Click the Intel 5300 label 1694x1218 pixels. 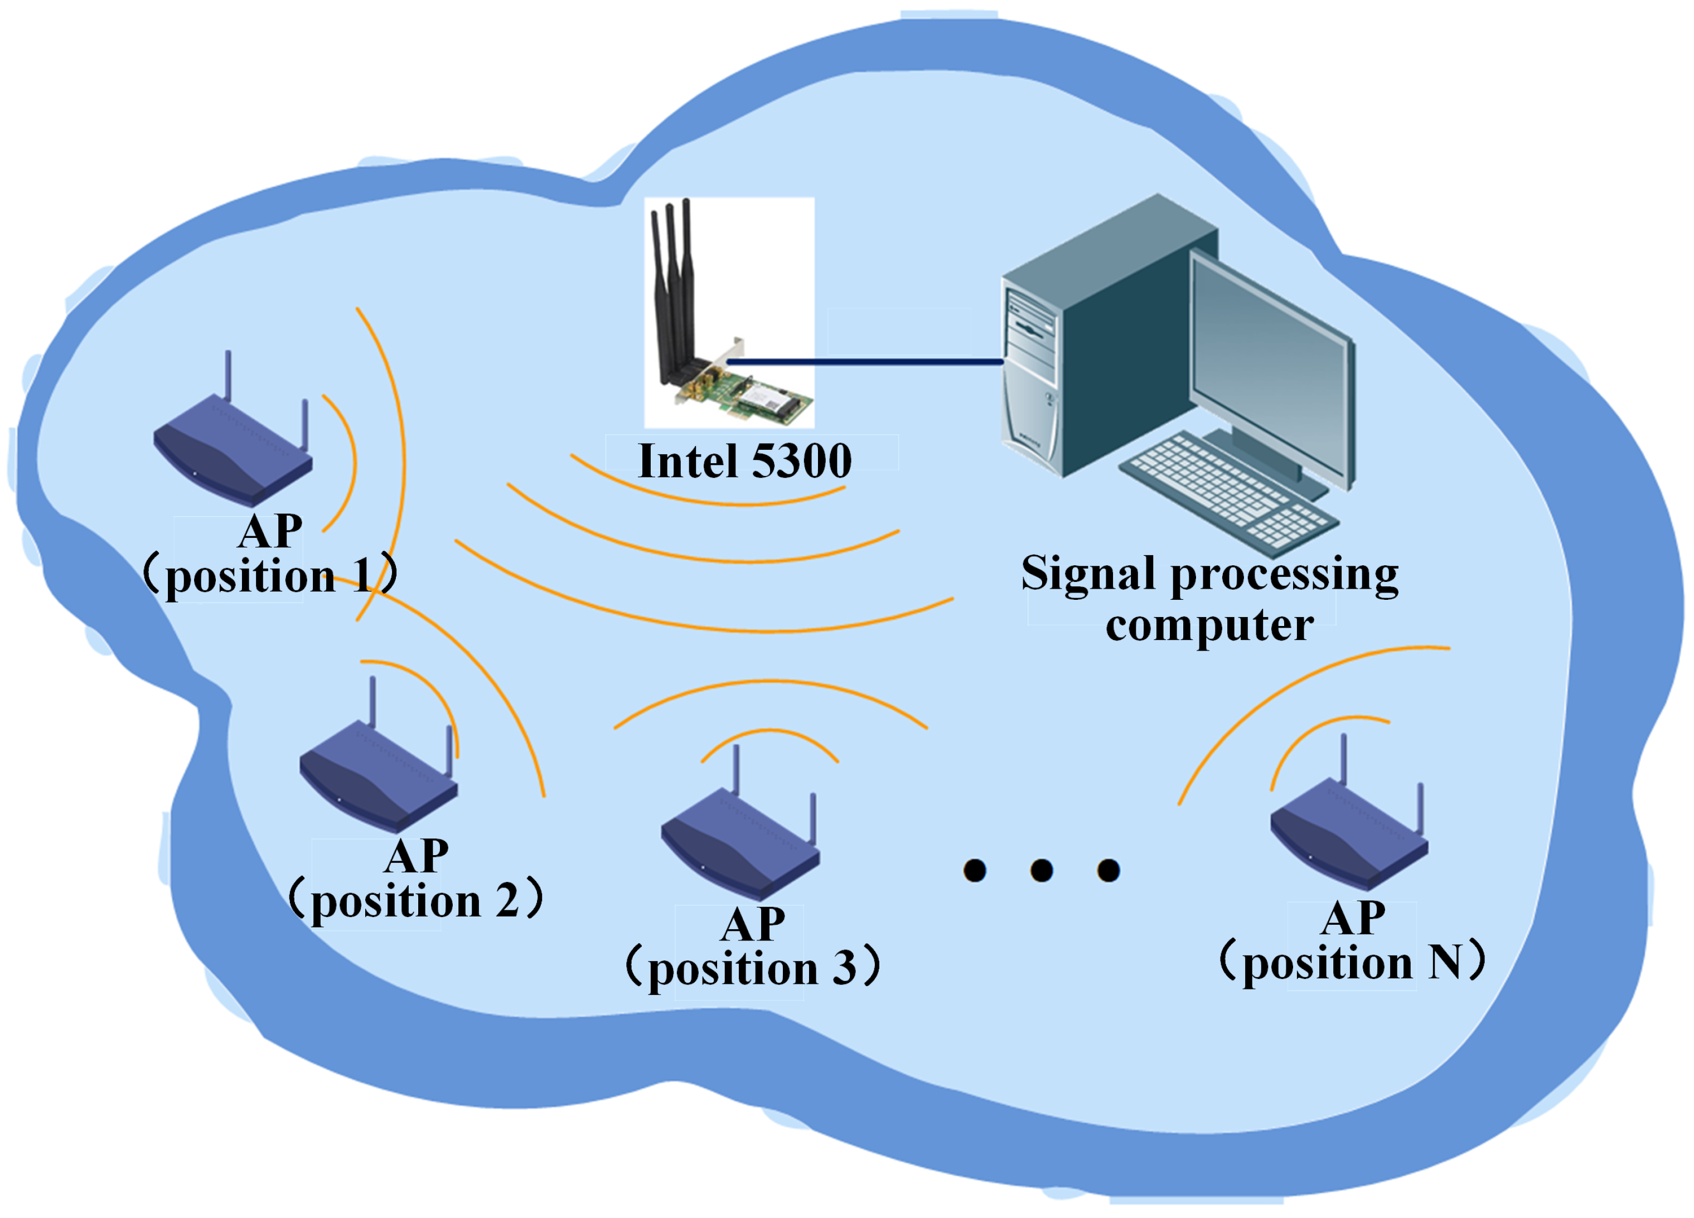pos(744,462)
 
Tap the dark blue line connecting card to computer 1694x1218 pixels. pos(867,362)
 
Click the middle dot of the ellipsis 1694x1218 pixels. pos(1041,870)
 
